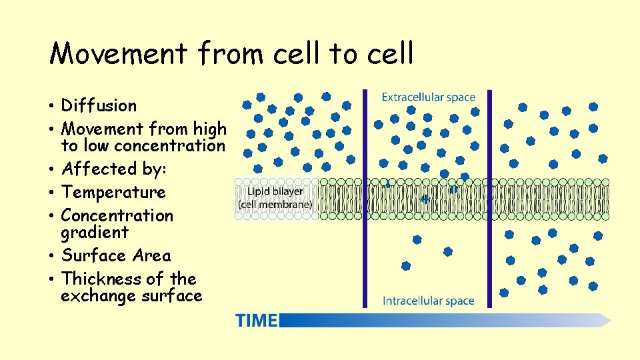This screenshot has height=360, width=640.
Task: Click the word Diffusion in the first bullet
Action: tap(99, 105)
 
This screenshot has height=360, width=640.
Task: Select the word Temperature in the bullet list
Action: tap(113, 192)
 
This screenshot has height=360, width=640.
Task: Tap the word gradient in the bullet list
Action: tap(95, 233)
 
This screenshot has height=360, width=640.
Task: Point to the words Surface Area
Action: tap(116, 255)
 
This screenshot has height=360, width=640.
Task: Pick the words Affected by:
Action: tap(113, 169)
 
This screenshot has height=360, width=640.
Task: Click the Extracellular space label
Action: tap(428, 97)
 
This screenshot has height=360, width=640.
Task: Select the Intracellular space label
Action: tap(428, 301)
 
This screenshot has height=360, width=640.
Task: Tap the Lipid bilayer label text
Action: tap(275, 192)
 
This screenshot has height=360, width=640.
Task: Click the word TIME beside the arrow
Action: tap(256, 321)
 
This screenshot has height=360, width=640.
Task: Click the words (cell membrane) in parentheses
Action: tap(275, 205)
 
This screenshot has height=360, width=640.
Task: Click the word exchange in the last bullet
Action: tap(99, 296)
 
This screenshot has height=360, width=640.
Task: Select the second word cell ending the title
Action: tap(389, 53)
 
